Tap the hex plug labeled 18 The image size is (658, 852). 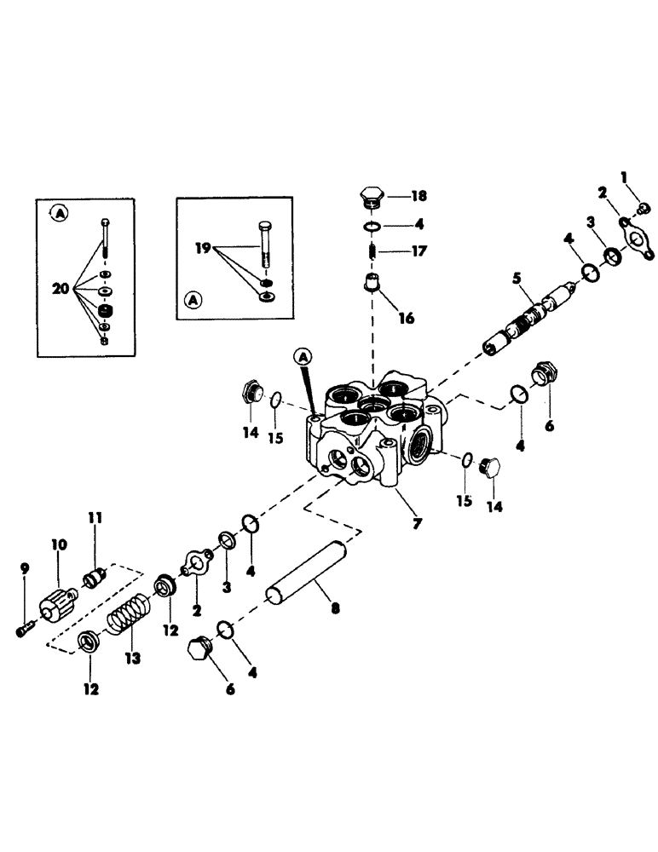click(x=372, y=199)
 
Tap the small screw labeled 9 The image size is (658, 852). click(x=24, y=629)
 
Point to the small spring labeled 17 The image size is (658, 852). click(x=372, y=254)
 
